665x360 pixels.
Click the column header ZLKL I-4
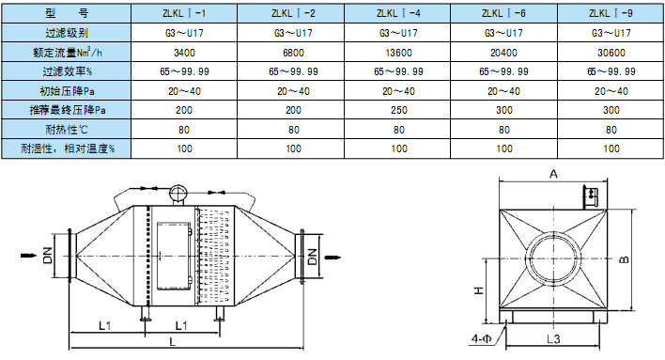point(398,13)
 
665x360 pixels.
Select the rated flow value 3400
point(184,53)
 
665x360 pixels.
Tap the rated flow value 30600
point(611,53)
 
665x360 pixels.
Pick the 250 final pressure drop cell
point(398,110)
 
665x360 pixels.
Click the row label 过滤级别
point(67,33)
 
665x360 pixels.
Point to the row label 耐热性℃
point(67,130)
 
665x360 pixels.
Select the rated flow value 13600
point(398,53)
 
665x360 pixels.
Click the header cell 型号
point(67,13)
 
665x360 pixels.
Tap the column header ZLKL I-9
point(611,13)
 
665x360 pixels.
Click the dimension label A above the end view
point(553,174)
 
